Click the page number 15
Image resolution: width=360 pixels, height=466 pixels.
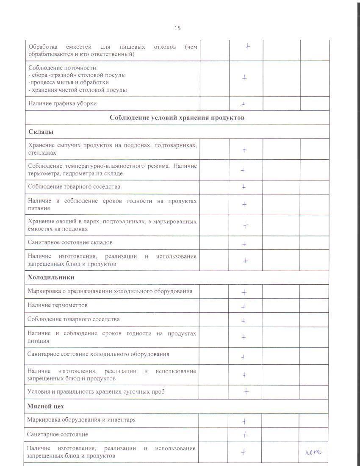pos(177,28)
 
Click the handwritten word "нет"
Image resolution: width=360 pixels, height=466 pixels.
pos(313,452)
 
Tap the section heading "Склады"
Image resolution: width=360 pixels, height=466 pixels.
pos(41,132)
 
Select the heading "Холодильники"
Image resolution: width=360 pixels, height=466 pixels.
pos(51,277)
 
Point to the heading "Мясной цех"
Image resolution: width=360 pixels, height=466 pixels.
pos(45,406)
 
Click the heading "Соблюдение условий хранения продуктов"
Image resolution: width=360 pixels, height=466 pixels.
pos(177,117)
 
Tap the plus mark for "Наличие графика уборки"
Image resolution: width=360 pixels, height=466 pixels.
pos(243,104)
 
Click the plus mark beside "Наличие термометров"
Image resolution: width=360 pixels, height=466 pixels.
pos(244,306)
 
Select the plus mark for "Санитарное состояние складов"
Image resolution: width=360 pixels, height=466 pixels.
pos(244,244)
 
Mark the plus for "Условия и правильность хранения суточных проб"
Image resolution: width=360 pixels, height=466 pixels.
pos(246,392)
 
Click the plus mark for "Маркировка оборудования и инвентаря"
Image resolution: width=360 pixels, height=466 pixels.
pos(244,422)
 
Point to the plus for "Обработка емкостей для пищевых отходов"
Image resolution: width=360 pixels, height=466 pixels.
pos(247,47)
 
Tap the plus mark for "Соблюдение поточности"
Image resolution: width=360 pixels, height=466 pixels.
pos(244,78)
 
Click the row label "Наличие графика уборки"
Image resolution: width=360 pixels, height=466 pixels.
pos(62,103)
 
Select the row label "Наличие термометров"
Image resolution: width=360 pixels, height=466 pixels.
pos(58,305)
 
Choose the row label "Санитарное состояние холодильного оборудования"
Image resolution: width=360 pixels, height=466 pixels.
pos(98,354)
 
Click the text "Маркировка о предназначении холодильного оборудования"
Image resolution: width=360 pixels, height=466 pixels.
pos(110,291)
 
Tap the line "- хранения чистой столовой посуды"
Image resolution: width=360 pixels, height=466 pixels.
pos(78,90)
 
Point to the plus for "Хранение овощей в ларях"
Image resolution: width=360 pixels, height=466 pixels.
pos(245,225)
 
